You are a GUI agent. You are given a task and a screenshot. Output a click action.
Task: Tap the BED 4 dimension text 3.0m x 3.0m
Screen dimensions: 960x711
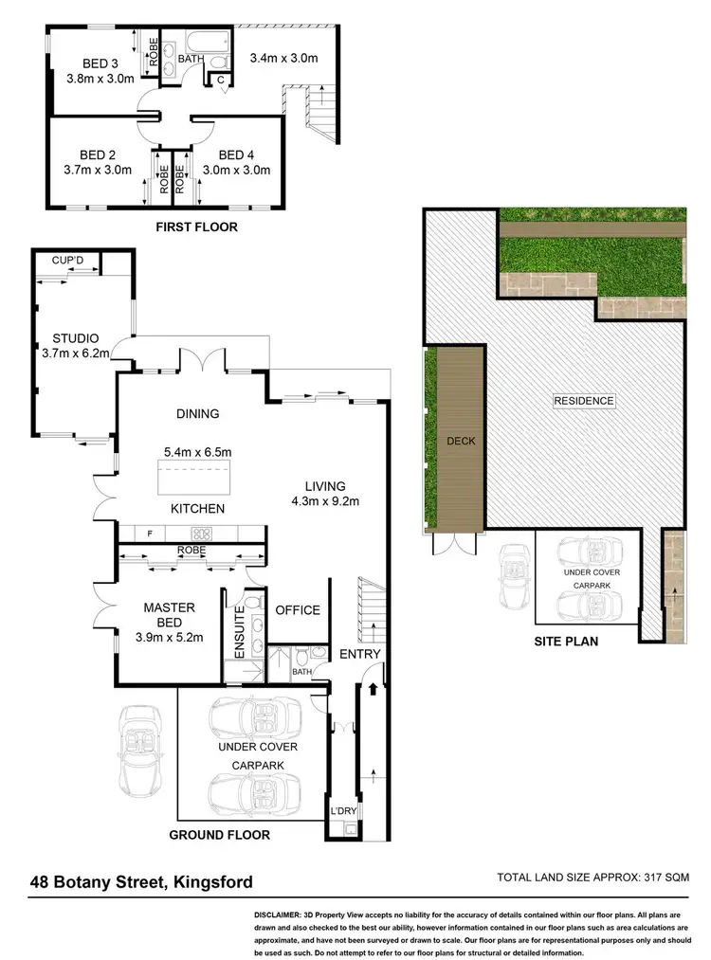click(x=237, y=171)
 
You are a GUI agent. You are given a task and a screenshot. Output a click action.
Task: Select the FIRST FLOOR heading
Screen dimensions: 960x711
click(x=197, y=227)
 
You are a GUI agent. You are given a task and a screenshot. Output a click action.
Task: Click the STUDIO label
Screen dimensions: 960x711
click(x=75, y=337)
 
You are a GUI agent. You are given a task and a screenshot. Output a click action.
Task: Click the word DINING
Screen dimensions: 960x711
click(x=197, y=413)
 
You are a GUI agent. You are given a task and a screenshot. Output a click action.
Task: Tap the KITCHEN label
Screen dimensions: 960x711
click(x=197, y=509)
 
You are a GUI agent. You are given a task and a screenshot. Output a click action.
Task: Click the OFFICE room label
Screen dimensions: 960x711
click(x=298, y=610)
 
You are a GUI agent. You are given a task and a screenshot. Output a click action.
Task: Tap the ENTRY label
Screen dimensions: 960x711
click(x=359, y=654)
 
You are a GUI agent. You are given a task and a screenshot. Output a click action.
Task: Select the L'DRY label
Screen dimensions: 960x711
click(x=342, y=812)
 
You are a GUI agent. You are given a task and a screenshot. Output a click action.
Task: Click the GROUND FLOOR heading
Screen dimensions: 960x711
click(x=219, y=835)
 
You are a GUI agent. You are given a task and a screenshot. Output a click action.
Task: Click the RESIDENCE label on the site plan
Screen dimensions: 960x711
click(x=584, y=401)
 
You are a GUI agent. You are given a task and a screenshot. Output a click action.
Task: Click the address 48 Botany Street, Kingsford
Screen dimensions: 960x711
click(x=140, y=882)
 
